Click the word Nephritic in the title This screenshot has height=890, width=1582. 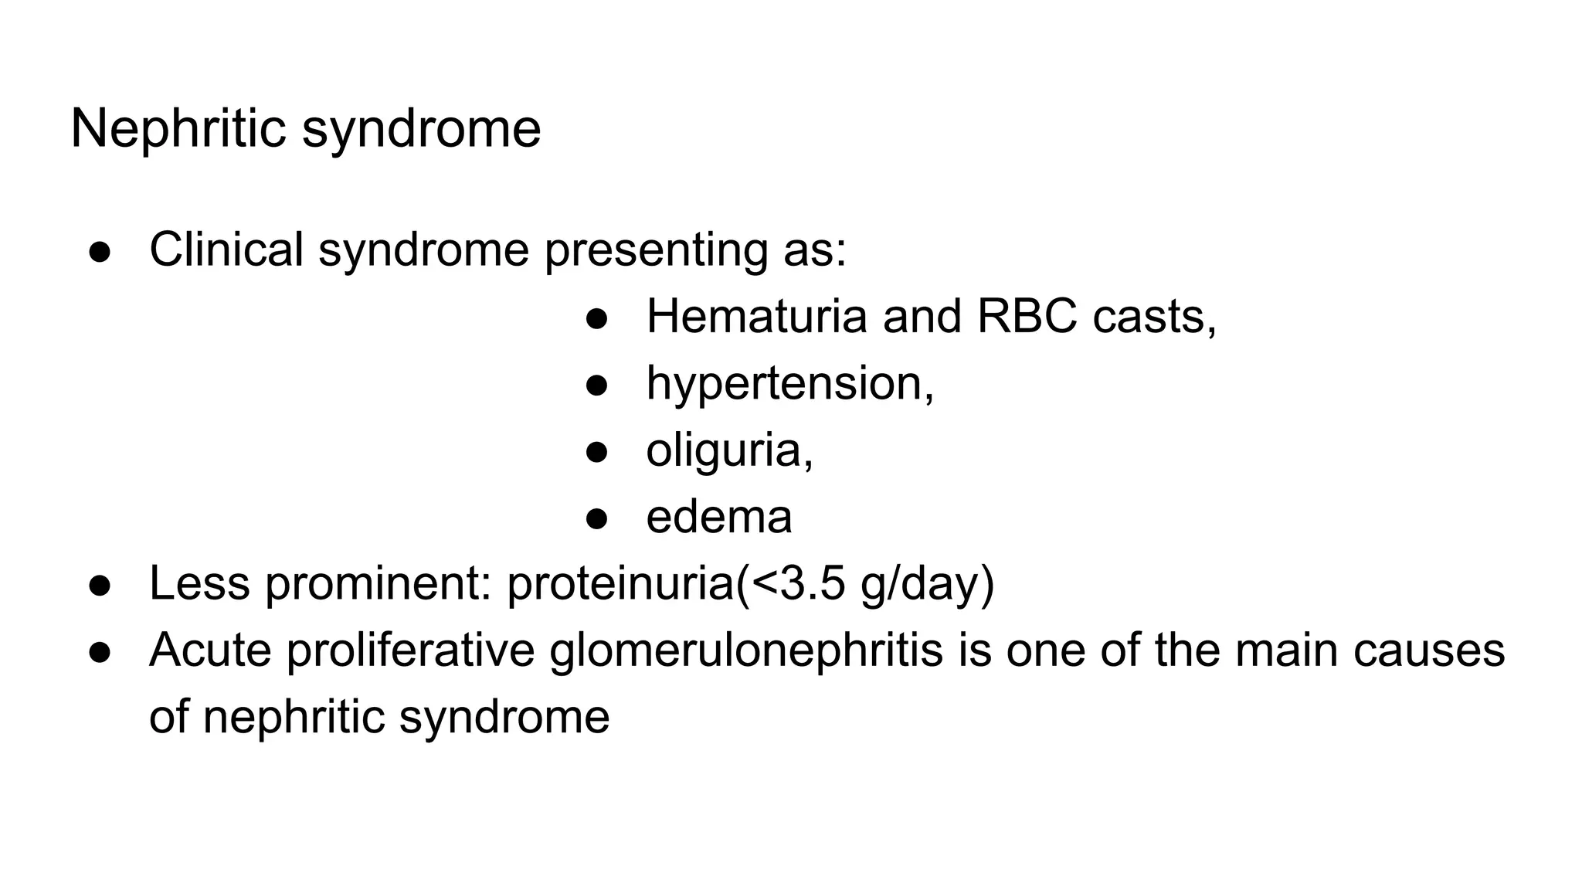click(x=178, y=128)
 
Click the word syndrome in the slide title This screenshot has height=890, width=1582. click(x=421, y=130)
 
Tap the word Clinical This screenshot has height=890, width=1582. click(x=226, y=250)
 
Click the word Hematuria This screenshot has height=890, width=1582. click(x=756, y=317)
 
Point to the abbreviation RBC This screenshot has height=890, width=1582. click(x=1027, y=317)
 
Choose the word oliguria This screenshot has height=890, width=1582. click(x=728, y=450)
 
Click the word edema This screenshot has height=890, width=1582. click(x=718, y=517)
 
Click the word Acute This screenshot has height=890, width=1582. click(x=210, y=651)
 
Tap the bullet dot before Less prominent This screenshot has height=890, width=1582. click(x=100, y=585)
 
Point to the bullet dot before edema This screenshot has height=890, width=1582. click(x=597, y=518)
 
